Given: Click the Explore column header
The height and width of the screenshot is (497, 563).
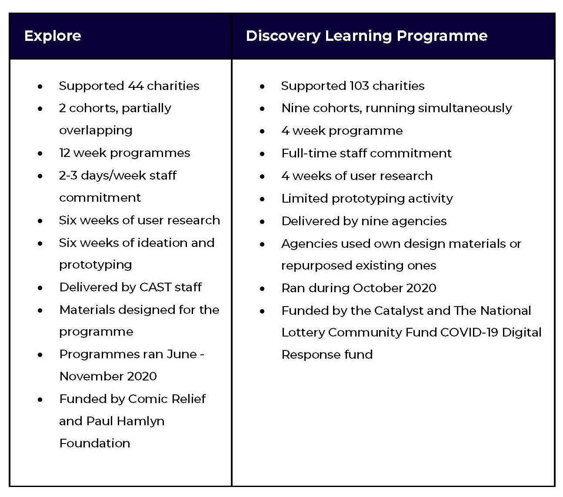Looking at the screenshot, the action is (53, 36).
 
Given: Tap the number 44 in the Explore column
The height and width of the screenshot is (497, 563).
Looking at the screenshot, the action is (136, 86).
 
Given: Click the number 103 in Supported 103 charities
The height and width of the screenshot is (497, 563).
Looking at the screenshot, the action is (359, 86).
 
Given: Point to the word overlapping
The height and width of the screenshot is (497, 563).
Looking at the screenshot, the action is (96, 130).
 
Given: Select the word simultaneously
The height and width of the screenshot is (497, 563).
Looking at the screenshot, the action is (465, 108).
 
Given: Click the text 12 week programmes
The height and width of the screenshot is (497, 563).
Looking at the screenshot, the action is (125, 153).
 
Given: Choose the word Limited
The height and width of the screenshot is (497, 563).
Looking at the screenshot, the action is (305, 198).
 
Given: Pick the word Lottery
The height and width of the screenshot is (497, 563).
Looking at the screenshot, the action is (303, 333).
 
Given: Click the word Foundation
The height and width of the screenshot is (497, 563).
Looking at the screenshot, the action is (95, 444).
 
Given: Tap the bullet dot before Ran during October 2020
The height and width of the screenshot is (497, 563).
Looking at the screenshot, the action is (262, 289).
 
